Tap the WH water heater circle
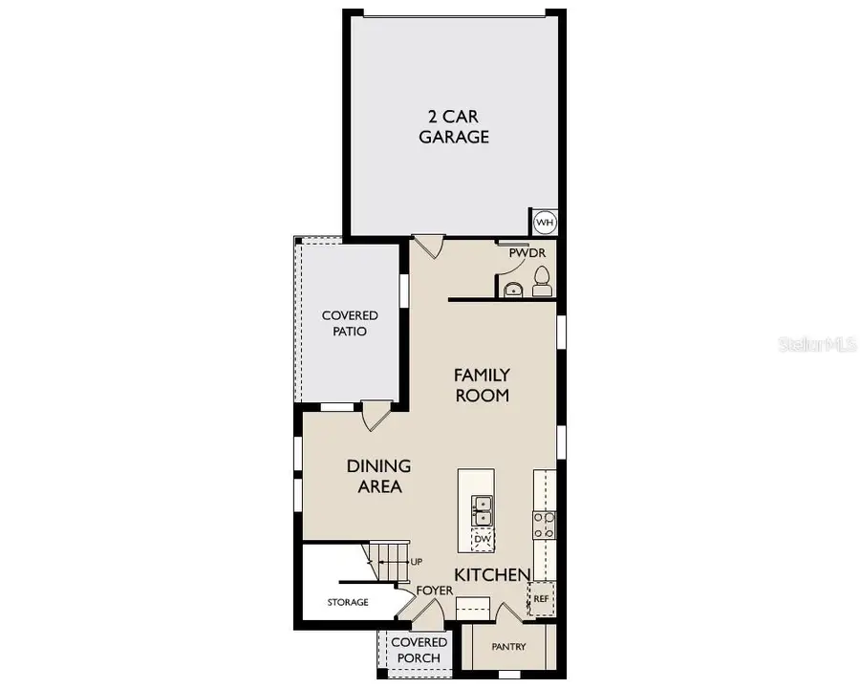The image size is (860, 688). [545, 222]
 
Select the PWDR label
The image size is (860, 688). [526, 253]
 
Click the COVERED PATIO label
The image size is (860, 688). [349, 323]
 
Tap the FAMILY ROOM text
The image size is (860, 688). [482, 384]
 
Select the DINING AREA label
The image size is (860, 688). [378, 476]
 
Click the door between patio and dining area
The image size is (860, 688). [376, 416]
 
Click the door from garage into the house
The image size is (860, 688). [427, 246]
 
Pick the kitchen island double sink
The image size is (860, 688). [483, 511]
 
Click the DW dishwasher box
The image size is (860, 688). [483, 540]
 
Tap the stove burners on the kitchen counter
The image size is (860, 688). [544, 526]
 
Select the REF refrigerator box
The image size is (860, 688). [541, 598]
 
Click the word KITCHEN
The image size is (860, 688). [492, 574]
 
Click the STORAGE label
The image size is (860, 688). [348, 603]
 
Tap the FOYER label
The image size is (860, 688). [435, 591]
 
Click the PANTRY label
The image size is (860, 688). [508, 647]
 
